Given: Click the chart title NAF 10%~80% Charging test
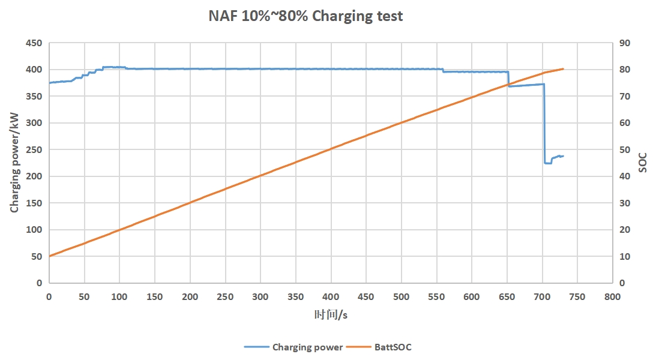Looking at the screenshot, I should point(305,16).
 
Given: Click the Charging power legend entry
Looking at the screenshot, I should point(307,347).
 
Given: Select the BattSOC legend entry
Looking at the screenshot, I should point(393,347).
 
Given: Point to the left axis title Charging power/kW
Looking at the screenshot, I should point(14,163).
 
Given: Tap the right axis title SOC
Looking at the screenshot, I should point(643,163).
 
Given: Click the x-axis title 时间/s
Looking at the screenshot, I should point(331,314).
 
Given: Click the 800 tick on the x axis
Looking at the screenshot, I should point(613,296).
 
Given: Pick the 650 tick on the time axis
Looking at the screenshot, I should point(507,296).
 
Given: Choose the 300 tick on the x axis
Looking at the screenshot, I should point(260,296).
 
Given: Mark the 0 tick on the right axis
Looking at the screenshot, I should point(622,283).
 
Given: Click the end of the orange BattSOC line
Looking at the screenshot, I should point(563,69).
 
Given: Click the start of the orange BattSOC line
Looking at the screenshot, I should point(49,256).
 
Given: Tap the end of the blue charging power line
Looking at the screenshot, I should point(563,156).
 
